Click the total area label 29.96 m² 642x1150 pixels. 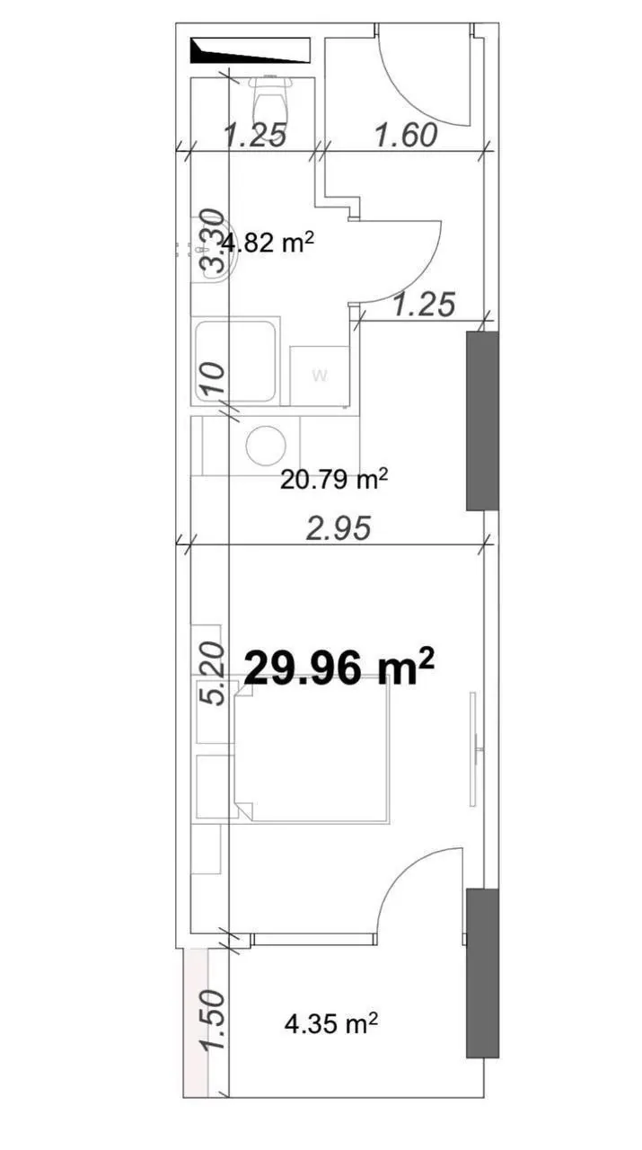[x=339, y=668]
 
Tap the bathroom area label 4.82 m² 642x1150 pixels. [x=267, y=243]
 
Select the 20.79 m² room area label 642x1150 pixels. [x=334, y=480]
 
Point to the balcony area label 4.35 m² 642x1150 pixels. [x=331, y=1023]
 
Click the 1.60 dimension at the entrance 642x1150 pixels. [x=407, y=136]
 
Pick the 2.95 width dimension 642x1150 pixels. [x=339, y=528]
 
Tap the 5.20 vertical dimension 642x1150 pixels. [x=211, y=675]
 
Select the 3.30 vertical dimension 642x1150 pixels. [x=211, y=242]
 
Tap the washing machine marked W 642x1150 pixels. [x=319, y=376]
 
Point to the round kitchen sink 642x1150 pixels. [x=267, y=446]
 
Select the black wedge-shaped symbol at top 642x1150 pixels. [x=251, y=50]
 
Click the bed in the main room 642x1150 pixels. [x=312, y=753]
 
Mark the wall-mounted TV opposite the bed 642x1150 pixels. [x=475, y=749]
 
